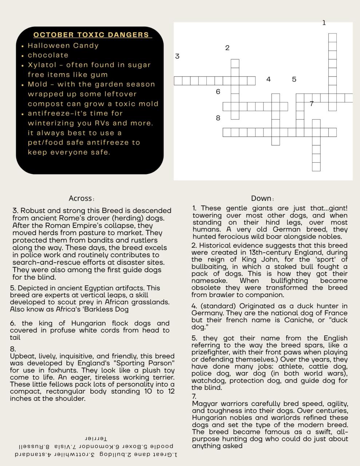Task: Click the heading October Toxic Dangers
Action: pos(91,35)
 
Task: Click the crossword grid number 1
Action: pos(324,23)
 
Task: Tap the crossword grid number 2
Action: pos(227,48)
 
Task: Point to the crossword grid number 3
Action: pos(177,56)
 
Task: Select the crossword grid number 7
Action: pos(312,104)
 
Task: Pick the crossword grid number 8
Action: pos(218,118)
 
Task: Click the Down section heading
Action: pos(262,199)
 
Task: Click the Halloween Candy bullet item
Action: pos(63,46)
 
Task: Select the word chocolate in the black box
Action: pos(48,55)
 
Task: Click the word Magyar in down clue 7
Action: pos(204,404)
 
